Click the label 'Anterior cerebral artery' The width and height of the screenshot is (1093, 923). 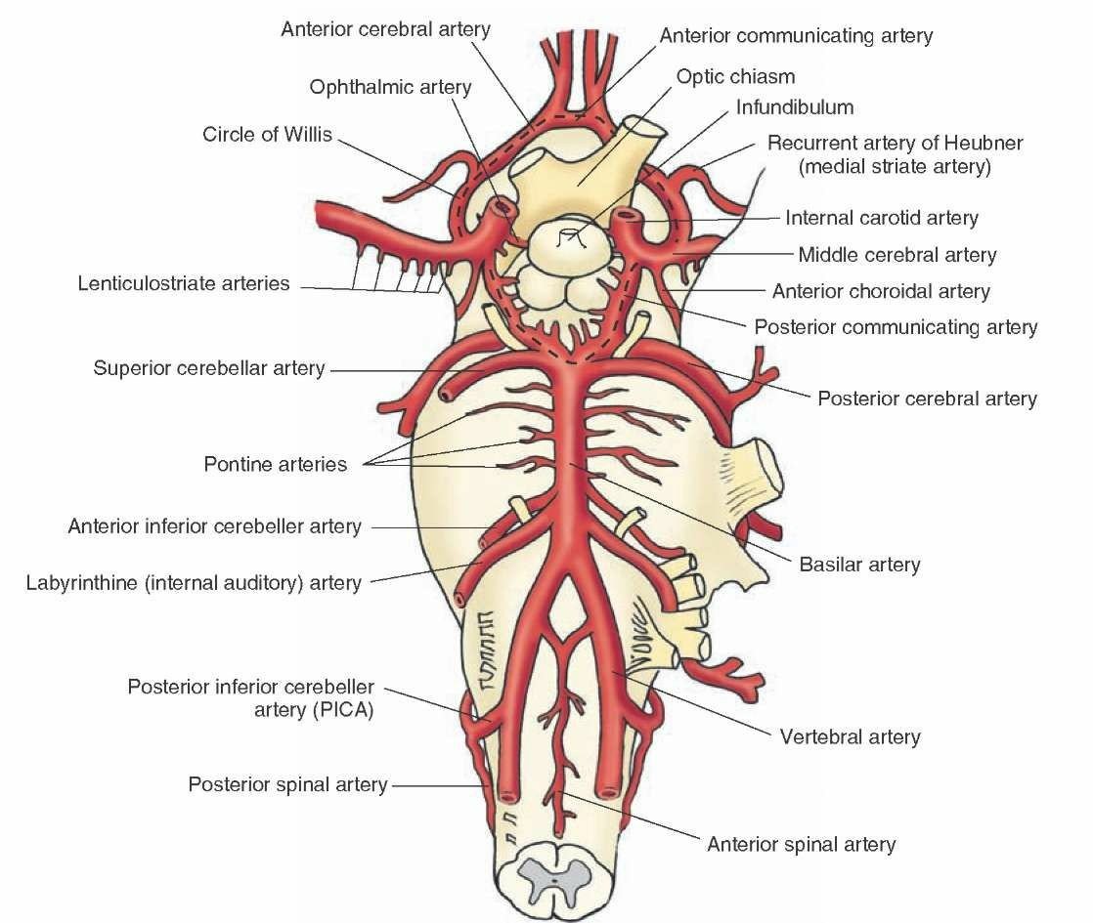tap(385, 29)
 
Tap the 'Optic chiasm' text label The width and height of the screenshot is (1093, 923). tap(735, 76)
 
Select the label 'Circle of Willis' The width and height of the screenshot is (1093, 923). tap(267, 134)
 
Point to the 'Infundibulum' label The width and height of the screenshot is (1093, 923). tap(794, 107)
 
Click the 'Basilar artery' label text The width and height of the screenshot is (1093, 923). tap(859, 564)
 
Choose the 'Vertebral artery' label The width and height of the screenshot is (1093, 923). tap(850, 736)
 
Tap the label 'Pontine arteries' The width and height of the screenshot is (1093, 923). tap(275, 464)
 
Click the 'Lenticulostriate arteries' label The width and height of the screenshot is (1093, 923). tap(184, 284)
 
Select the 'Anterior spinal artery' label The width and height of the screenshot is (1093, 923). tap(801, 844)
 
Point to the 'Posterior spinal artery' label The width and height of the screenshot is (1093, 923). tap(287, 784)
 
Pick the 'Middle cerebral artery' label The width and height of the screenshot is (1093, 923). tap(896, 256)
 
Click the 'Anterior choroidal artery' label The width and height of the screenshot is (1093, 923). tap(880, 291)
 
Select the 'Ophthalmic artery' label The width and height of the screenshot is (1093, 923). tap(390, 87)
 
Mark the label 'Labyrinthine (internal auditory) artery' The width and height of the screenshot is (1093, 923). tap(193, 583)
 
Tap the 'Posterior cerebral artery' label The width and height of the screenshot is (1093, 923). tap(926, 399)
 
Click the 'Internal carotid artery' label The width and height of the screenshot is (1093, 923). tap(881, 219)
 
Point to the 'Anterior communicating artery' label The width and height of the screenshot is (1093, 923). tap(796, 36)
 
